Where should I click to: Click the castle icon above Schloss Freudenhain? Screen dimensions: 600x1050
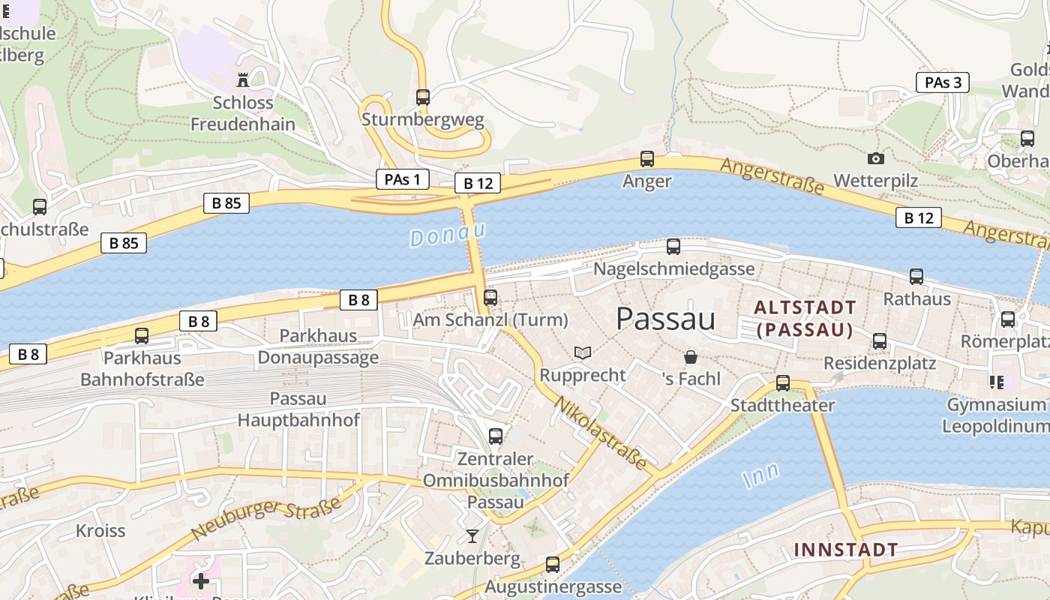243,79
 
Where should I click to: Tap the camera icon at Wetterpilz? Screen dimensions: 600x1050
875,158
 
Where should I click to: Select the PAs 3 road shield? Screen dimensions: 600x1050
943,82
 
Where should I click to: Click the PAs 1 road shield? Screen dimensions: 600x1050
402,179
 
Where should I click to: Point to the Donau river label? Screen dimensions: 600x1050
448,235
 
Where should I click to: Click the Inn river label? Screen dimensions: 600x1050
760,475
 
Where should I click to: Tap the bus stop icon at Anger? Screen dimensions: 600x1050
646,159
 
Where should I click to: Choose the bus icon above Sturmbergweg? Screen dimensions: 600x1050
423,97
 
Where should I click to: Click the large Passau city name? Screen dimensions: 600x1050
665,319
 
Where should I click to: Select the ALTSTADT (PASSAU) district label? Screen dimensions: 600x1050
805,319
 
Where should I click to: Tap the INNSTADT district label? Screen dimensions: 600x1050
846,550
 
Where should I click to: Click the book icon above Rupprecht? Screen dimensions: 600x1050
583,352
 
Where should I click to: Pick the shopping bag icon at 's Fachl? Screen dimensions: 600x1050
691,357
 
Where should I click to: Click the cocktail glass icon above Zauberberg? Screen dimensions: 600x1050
472,535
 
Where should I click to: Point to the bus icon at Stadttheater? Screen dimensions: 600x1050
783,383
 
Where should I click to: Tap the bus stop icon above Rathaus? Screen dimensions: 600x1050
916,277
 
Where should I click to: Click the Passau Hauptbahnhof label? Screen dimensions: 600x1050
298,409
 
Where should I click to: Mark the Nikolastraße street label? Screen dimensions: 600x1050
600,433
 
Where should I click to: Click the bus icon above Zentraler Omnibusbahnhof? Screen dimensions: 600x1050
496,436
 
